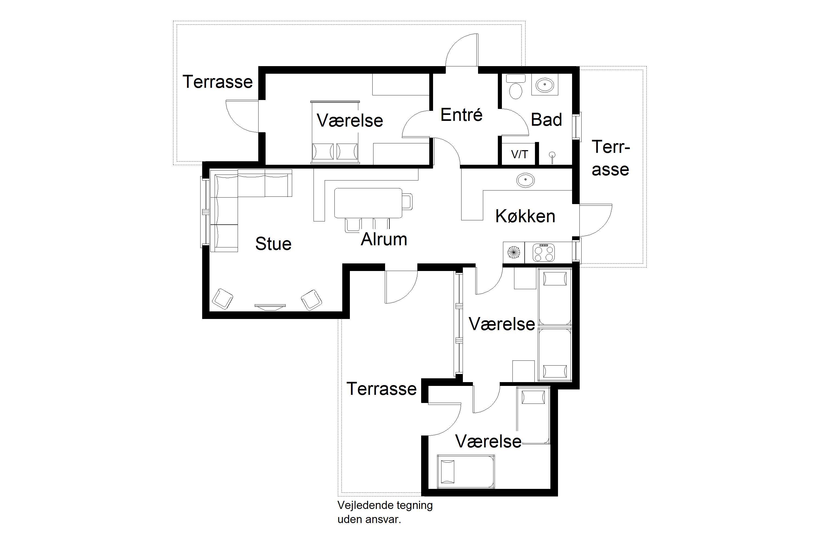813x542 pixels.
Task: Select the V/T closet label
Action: coord(520,154)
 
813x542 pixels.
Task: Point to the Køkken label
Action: coord(525,216)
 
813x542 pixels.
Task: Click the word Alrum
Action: coord(384,239)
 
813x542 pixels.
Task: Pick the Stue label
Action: coord(273,244)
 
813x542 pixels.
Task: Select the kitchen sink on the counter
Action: coord(525,180)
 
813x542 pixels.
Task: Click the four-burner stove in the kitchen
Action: coord(544,253)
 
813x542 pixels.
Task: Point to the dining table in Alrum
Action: coord(368,203)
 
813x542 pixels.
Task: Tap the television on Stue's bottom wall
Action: coord(270,307)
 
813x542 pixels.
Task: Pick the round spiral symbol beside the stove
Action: coord(514,253)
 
